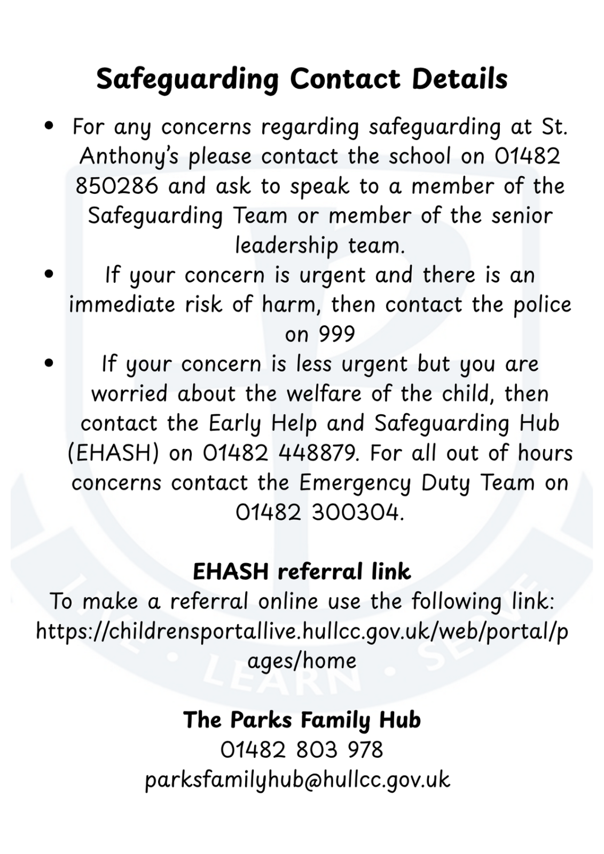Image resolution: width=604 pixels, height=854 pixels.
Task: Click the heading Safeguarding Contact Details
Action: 302,79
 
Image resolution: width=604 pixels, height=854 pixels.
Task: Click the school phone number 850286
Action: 116,186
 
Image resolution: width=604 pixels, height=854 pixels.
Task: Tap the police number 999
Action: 336,335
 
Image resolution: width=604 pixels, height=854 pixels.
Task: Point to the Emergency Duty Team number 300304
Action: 355,513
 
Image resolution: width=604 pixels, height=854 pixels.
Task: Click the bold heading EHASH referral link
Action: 302,572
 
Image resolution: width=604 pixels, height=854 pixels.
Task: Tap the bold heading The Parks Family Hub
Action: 302,720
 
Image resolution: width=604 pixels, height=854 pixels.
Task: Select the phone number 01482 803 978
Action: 302,750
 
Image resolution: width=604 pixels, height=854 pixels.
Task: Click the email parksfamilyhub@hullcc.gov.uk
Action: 297,780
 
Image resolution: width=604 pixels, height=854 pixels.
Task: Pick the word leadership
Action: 286,246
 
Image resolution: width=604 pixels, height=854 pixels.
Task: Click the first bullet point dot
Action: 50,126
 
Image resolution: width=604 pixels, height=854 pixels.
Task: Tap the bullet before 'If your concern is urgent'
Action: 50,274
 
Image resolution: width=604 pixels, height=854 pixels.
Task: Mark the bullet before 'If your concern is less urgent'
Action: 50,363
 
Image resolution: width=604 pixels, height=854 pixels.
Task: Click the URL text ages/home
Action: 302,661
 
